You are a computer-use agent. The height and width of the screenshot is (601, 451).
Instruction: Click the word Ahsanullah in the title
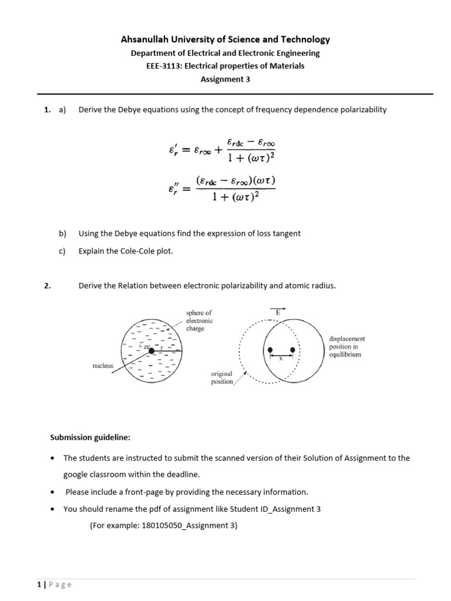[x=146, y=39]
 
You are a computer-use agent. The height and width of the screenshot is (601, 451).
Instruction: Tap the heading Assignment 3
[x=225, y=79]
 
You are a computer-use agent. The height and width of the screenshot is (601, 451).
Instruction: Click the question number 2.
[x=46, y=286]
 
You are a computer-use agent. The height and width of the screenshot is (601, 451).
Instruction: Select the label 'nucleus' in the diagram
[x=103, y=365]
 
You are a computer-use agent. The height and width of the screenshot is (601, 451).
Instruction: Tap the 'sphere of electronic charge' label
[x=199, y=321]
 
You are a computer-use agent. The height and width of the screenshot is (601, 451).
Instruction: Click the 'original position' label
[x=221, y=377]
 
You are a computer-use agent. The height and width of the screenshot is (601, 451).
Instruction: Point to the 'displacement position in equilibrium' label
[x=347, y=346]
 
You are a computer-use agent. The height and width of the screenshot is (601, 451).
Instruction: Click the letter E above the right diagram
[x=278, y=313]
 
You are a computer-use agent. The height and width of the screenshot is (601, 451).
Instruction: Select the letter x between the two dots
[x=281, y=359]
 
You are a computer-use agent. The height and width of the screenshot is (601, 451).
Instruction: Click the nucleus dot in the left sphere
[x=152, y=350]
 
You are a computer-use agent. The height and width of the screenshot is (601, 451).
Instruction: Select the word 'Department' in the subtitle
[x=154, y=53]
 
